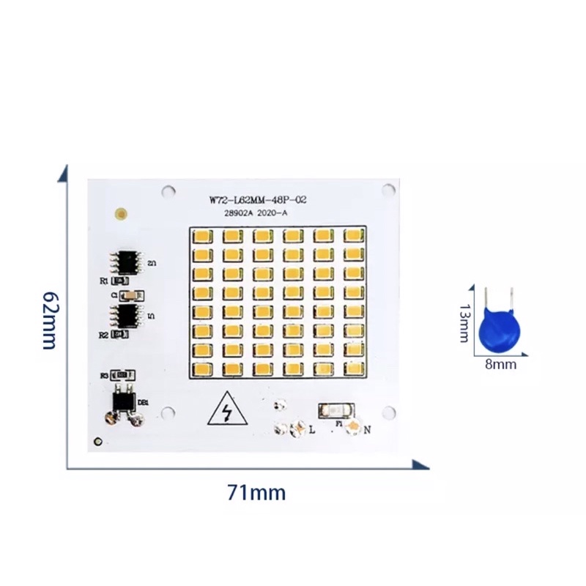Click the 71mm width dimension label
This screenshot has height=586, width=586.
click(x=256, y=493)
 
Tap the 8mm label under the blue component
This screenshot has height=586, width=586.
click(x=501, y=363)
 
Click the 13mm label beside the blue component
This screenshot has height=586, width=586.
click(x=464, y=323)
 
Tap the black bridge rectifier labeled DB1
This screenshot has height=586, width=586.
click(x=123, y=401)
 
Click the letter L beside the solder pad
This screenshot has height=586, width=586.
click(x=312, y=431)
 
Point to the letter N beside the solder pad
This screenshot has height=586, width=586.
click(x=367, y=431)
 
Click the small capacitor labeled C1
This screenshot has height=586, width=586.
click(x=130, y=295)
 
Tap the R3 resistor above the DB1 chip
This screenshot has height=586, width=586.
click(x=123, y=375)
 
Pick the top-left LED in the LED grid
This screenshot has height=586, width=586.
click(x=202, y=236)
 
